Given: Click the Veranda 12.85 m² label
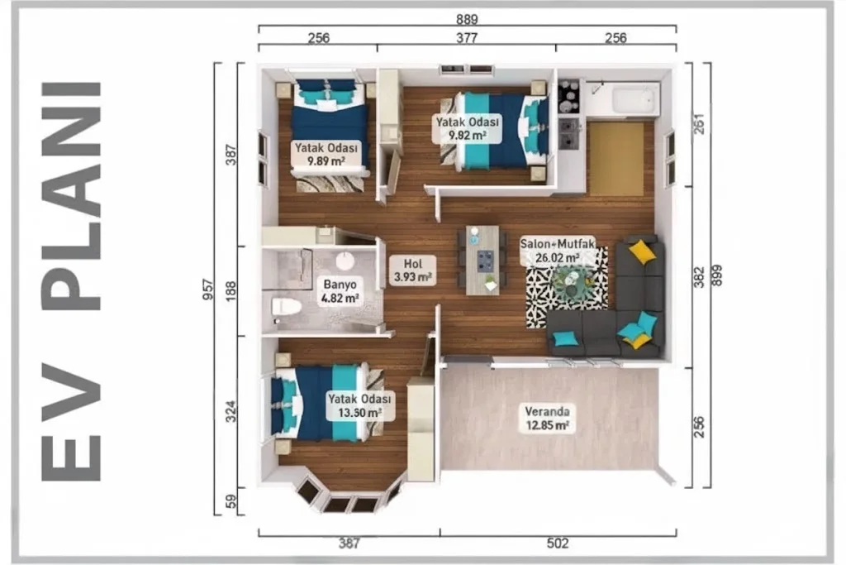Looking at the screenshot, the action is [547, 419].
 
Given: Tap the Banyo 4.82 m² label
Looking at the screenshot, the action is [340, 291].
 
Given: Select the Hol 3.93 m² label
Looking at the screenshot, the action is [413, 270].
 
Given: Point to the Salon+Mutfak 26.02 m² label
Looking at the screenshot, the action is [558, 251].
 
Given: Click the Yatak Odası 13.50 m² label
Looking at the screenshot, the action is [359, 405].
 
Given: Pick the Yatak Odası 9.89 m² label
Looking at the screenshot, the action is [326, 154].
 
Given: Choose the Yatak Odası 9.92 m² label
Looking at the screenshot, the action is [468, 128].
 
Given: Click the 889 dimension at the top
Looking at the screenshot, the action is [467, 20].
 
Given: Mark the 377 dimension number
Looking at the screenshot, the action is [467, 38].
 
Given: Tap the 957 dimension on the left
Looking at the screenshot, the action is [208, 289].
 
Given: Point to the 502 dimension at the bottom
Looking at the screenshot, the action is [558, 543].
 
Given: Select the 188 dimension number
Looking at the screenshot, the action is [231, 291].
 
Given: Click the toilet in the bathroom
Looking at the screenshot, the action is [286, 307].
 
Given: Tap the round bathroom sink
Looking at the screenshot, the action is [345, 261].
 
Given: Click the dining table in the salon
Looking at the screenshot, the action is [482, 261].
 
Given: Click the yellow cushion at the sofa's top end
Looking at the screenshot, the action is [642, 251].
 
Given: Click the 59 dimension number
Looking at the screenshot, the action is [231, 502].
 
